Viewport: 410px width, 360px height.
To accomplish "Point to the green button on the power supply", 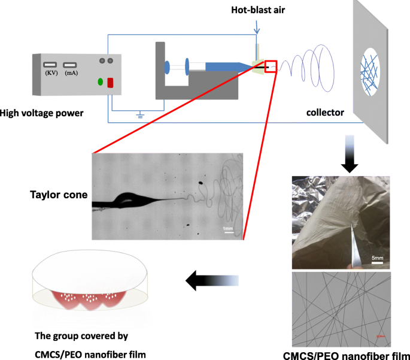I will coord(99,81).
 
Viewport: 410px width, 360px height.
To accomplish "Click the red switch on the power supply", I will coord(110,83).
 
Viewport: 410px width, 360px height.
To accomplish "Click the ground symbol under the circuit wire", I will coord(141,115).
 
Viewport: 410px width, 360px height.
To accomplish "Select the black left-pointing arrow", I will coord(212,279).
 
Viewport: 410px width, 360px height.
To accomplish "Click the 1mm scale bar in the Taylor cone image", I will coord(228,230).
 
